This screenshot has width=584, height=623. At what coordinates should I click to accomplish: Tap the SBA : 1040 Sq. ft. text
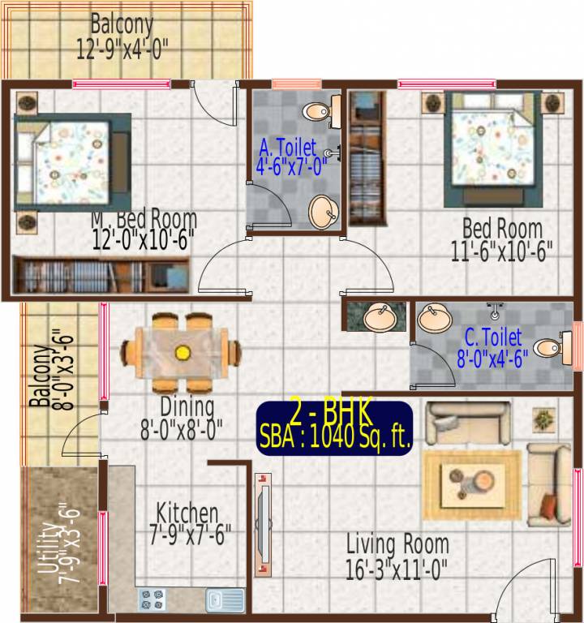click(334, 438)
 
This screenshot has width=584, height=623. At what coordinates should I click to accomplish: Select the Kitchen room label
click(187, 513)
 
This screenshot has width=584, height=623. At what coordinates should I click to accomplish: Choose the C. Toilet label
click(492, 337)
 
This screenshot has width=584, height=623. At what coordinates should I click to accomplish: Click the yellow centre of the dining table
click(182, 352)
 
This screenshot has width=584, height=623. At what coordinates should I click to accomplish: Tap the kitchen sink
click(224, 599)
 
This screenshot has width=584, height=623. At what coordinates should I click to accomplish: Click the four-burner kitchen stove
click(152, 599)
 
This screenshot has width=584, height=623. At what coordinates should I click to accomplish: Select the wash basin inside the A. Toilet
click(324, 211)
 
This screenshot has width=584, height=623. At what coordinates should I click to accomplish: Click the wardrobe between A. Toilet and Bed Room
click(367, 158)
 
